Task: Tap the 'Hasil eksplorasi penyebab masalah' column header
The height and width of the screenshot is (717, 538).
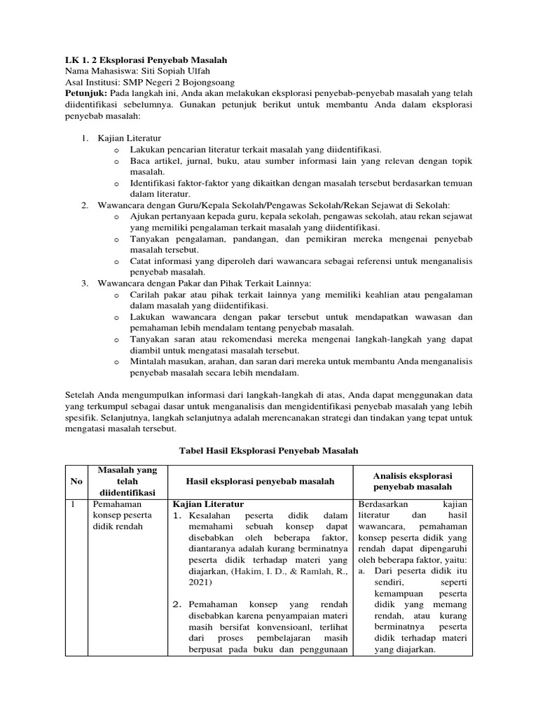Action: point(259,482)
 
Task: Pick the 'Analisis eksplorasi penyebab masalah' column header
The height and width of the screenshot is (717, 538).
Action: point(413,481)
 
